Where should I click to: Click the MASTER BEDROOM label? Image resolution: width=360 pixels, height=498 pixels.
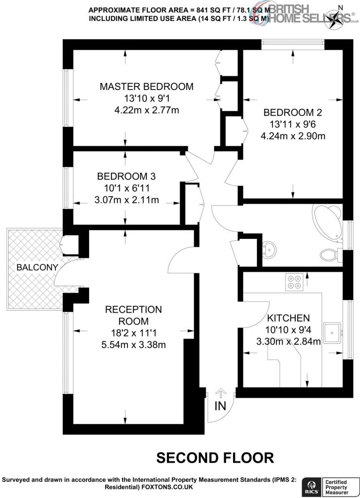pyautogui.click(x=146, y=87)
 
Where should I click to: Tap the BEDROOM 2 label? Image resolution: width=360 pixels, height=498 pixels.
pyautogui.click(x=293, y=112)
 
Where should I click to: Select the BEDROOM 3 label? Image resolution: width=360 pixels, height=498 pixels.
pyautogui.click(x=126, y=176)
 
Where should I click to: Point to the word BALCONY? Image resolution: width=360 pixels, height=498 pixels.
pyautogui.click(x=37, y=267)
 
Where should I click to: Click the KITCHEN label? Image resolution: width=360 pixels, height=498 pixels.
pyautogui.click(x=288, y=318)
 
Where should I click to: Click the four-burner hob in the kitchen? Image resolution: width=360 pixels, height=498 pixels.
pyautogui.click(x=294, y=282)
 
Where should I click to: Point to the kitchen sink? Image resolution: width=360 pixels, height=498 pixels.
pyautogui.click(x=332, y=333)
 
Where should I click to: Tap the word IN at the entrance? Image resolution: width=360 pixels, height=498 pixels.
pyautogui.click(x=220, y=406)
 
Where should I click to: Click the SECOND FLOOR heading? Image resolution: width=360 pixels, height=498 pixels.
pyautogui.click(x=215, y=458)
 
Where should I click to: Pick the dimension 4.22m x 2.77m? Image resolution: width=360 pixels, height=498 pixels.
pyautogui.click(x=146, y=110)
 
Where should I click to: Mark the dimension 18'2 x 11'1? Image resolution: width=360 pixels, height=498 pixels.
pyautogui.click(x=133, y=333)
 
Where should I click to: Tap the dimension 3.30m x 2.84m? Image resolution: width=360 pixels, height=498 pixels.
pyautogui.click(x=288, y=341)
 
